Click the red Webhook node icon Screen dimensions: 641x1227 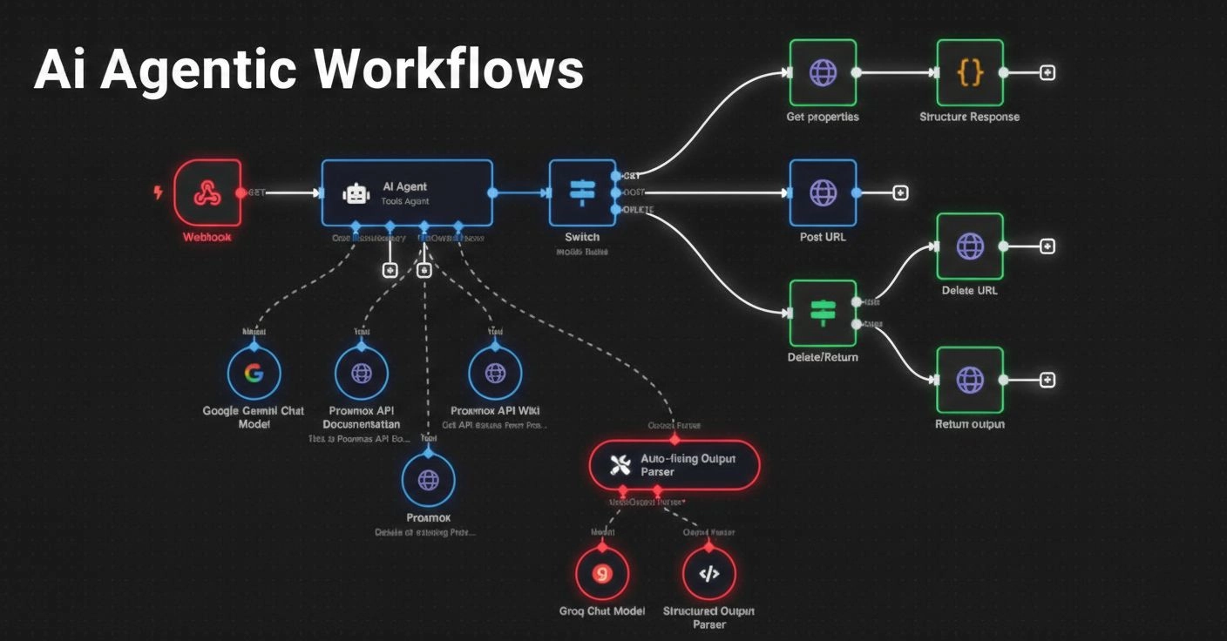click(x=207, y=192)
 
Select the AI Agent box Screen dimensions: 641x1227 click(x=407, y=192)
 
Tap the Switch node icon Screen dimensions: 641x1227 click(x=581, y=192)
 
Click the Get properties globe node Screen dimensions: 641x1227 click(x=823, y=72)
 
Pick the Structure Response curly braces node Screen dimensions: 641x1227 click(x=970, y=72)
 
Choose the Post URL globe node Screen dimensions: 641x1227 click(x=823, y=192)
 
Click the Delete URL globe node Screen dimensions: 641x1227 click(x=970, y=246)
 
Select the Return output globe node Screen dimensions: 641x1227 click(x=970, y=380)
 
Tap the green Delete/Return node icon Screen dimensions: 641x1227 click(x=823, y=313)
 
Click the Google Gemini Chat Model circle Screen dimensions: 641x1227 click(x=254, y=374)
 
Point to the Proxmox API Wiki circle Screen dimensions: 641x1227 click(x=495, y=374)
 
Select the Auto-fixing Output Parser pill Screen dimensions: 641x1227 click(x=674, y=464)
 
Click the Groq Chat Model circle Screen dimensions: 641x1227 click(x=601, y=574)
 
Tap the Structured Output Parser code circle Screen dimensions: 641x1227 click(x=709, y=574)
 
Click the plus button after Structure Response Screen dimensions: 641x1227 click(x=1047, y=73)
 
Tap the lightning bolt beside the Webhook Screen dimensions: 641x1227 click(x=158, y=192)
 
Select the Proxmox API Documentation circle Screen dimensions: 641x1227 click(x=361, y=374)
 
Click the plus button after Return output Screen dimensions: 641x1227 click(x=1047, y=380)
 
